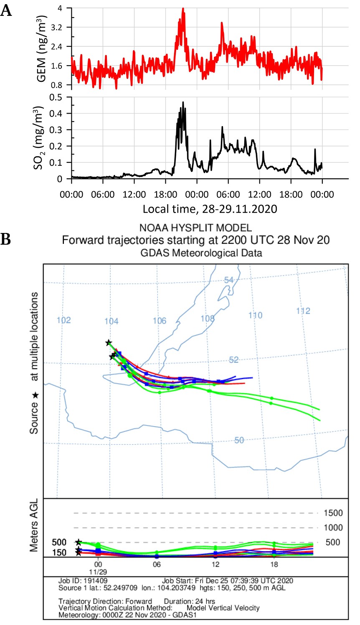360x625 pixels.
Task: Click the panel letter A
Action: pos(6,11)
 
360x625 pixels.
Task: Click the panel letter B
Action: pos(5,239)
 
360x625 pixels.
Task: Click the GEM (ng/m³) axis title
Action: pos(42,48)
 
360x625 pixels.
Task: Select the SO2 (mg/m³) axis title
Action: pos(39,138)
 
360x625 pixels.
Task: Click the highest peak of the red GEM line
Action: pos(183,9)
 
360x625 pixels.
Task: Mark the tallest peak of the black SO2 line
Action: pos(183,102)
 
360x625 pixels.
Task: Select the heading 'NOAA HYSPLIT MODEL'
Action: pos(195,228)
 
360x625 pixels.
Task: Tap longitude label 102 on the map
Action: pos(63,320)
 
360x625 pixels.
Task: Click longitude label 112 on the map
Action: pos(303,311)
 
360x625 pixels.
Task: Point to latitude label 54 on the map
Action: pos(228,280)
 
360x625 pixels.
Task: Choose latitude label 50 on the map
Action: pos(239,440)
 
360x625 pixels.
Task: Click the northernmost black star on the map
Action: pos(109,343)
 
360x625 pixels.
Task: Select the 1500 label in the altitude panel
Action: pos(333,513)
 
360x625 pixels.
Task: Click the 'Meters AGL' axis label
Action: pos(34,525)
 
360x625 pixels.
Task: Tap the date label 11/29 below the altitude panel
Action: pos(98,572)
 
